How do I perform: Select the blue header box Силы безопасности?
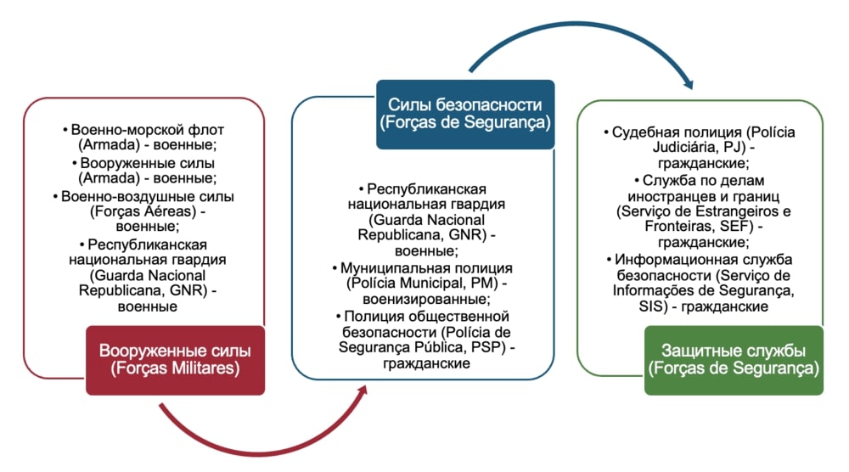point(464,114)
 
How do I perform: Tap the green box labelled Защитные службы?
point(733,360)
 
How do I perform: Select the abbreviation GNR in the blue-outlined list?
point(472,235)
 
